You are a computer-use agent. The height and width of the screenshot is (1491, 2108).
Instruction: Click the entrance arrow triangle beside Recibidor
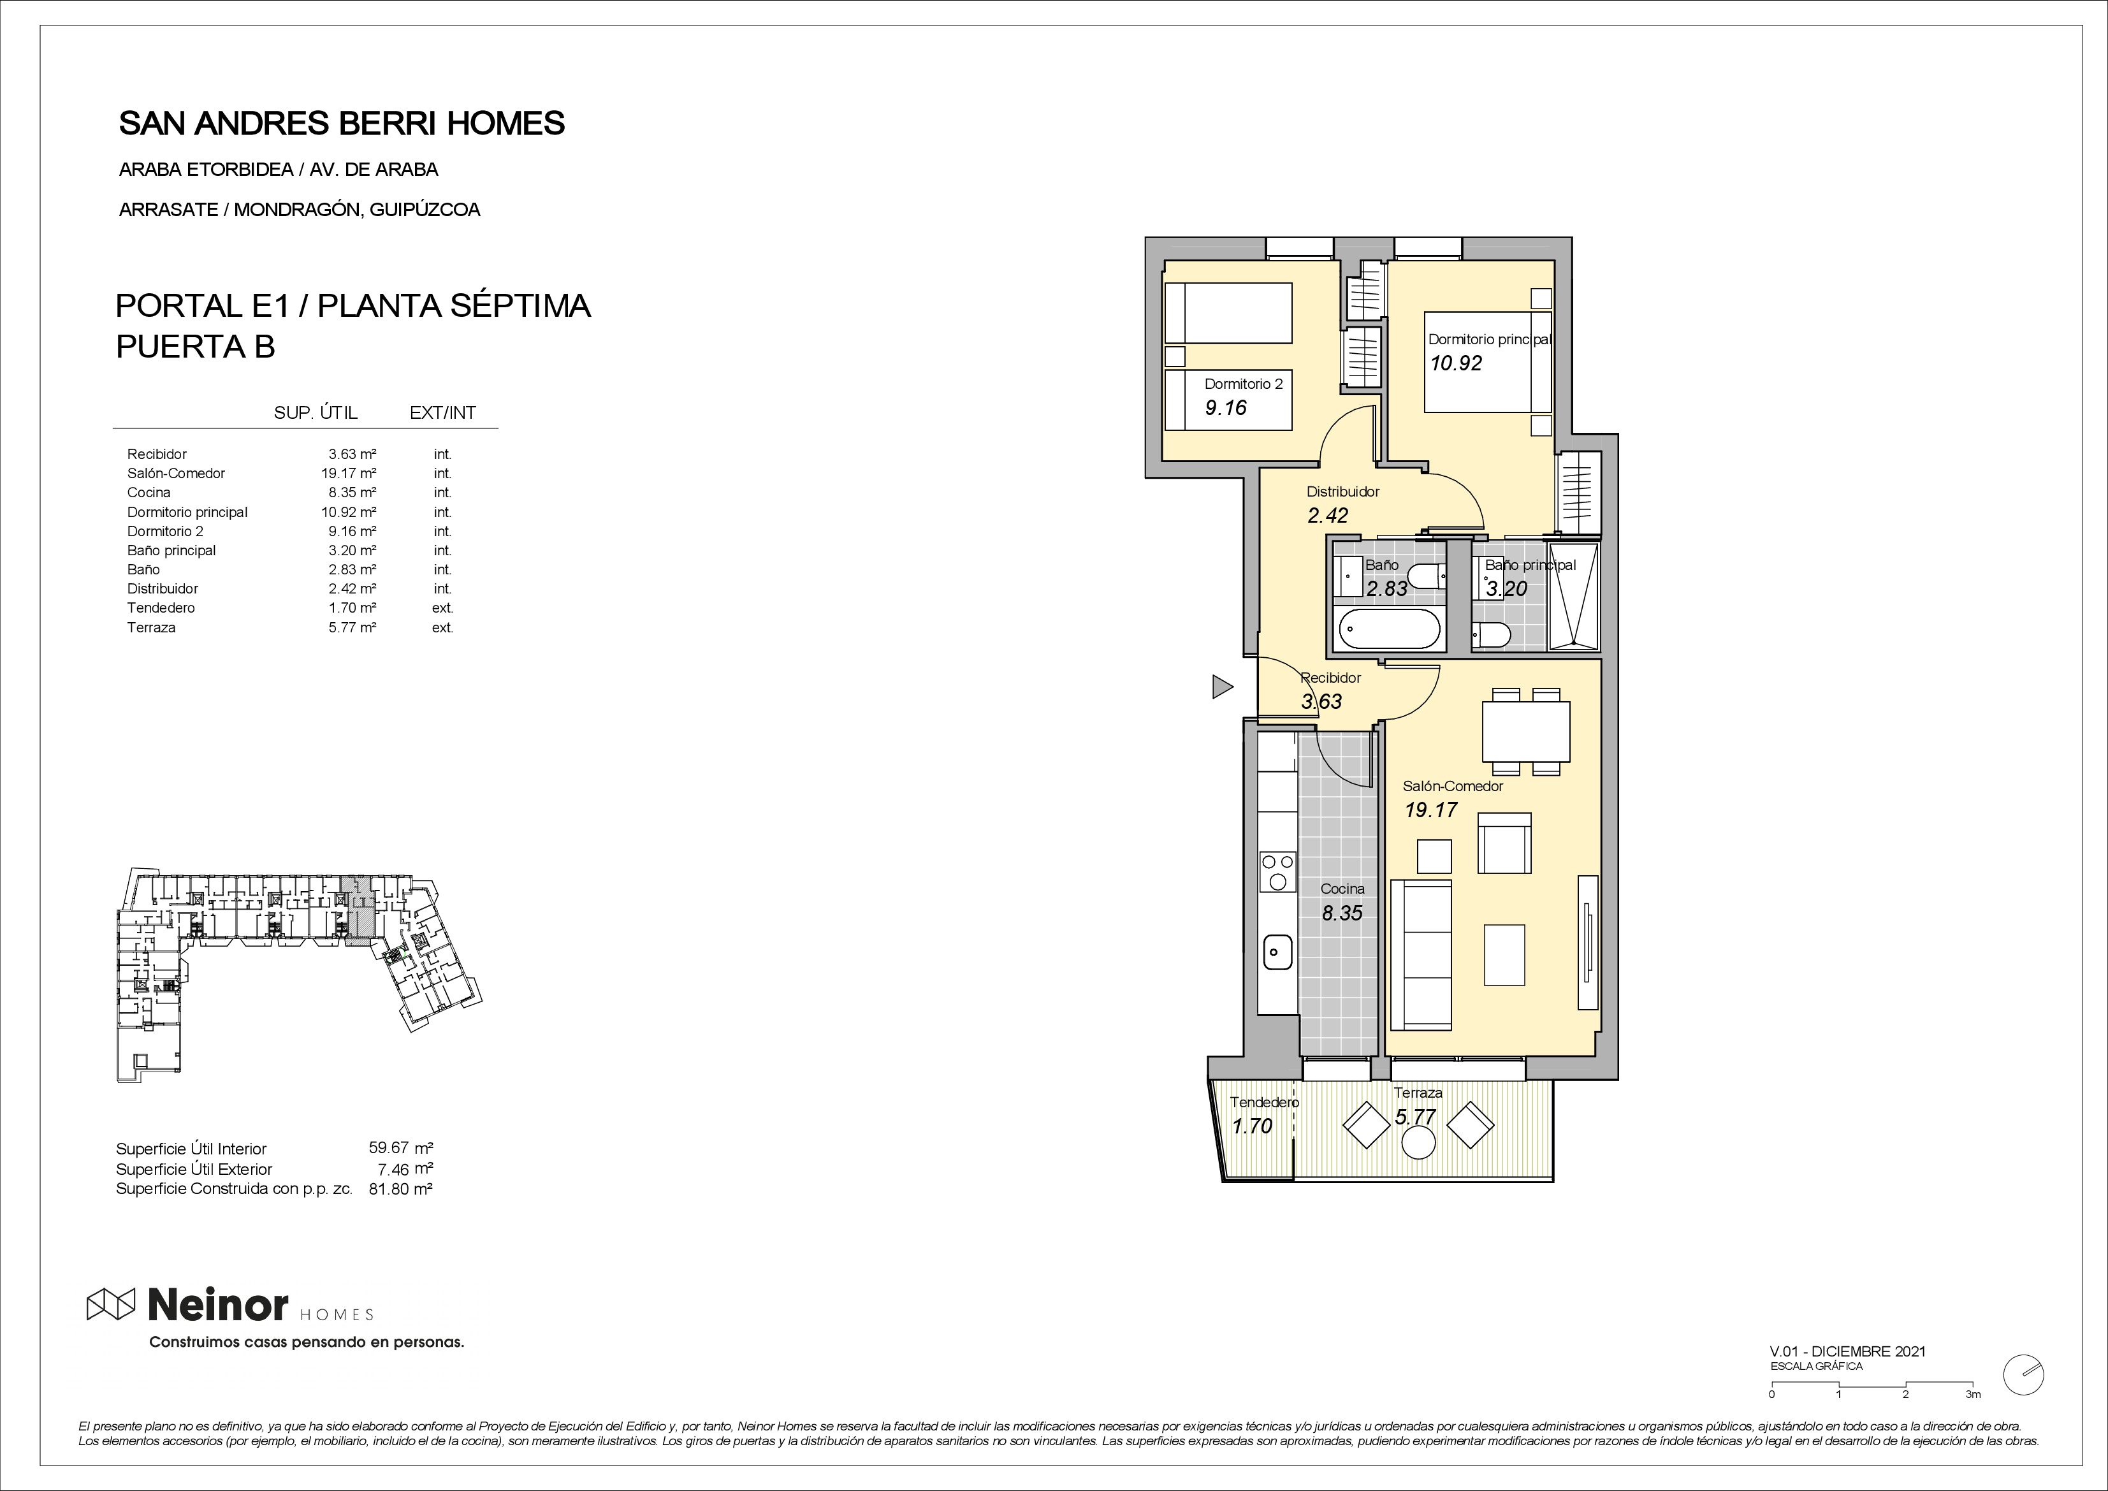coord(1221,686)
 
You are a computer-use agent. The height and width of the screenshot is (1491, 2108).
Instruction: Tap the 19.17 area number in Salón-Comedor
coord(1430,810)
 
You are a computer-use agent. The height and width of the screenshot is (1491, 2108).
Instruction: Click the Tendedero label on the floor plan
coord(1264,1102)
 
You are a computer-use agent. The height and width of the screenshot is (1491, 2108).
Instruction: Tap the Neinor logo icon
coord(111,1304)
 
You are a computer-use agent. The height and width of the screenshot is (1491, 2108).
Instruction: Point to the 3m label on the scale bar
coord(1973,1420)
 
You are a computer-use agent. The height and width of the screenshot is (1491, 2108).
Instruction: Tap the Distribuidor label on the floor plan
coord(1343,491)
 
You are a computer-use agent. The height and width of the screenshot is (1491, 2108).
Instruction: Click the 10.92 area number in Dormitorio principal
coord(1456,363)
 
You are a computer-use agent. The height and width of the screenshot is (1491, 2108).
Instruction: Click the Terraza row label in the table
coord(152,628)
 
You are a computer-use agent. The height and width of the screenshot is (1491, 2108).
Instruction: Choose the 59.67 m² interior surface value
coord(400,1147)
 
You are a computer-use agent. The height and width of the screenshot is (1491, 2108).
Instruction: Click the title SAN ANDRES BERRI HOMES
coord(342,123)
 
